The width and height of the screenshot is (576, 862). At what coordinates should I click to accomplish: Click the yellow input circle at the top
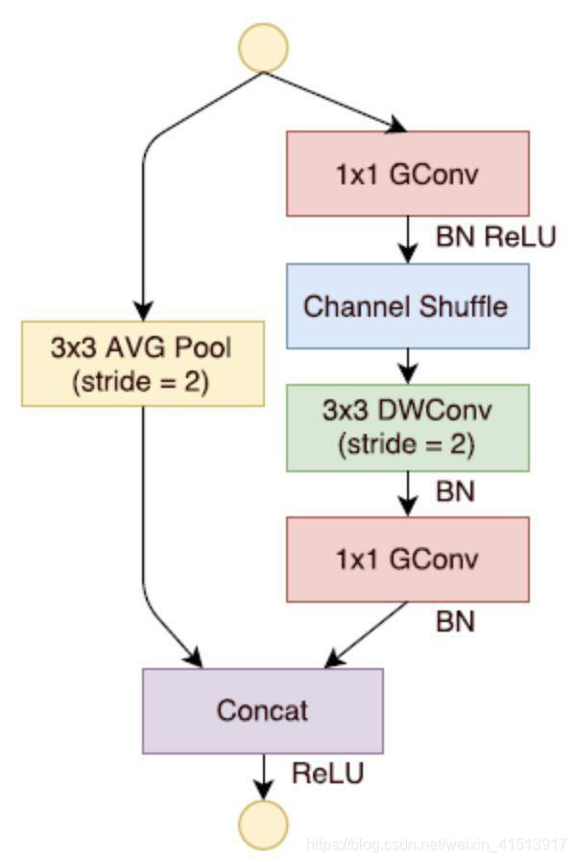[x=264, y=48]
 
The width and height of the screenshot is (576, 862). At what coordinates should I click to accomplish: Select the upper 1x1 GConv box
[x=407, y=174]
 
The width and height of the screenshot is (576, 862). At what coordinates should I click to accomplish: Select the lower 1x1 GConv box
[x=407, y=559]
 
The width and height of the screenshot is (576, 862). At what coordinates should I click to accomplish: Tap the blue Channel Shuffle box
[x=407, y=306]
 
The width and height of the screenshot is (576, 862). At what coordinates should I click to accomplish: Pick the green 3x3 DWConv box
[x=407, y=427]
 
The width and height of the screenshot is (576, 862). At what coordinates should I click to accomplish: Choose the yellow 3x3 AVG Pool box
[x=142, y=363]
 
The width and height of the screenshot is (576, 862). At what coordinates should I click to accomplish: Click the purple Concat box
[x=263, y=710]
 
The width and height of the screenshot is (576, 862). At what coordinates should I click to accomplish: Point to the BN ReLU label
[x=495, y=237]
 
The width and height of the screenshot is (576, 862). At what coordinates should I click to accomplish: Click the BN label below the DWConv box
[x=455, y=492]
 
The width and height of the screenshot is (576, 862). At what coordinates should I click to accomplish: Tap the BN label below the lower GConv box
[x=455, y=622]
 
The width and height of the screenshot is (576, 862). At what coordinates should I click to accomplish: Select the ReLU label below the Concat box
[x=327, y=774]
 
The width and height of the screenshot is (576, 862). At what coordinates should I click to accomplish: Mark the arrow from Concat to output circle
[x=263, y=776]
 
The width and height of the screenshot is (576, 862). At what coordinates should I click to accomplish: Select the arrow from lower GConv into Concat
[x=368, y=635]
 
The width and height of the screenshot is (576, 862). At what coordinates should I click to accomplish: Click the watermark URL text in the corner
[x=437, y=845]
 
